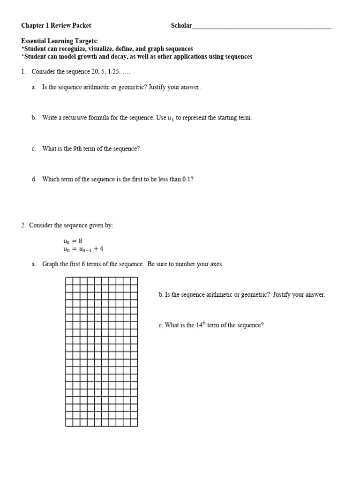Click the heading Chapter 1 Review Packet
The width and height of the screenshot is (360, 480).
tap(56, 26)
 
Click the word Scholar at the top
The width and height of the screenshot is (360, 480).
tap(181, 26)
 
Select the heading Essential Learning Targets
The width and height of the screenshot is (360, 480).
tap(60, 41)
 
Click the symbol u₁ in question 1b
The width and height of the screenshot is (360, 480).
tap(171, 118)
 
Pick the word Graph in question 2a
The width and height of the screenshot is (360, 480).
tap(50, 264)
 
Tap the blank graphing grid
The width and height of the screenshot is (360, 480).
tap(101, 352)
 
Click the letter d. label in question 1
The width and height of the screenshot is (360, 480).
tap(34, 179)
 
